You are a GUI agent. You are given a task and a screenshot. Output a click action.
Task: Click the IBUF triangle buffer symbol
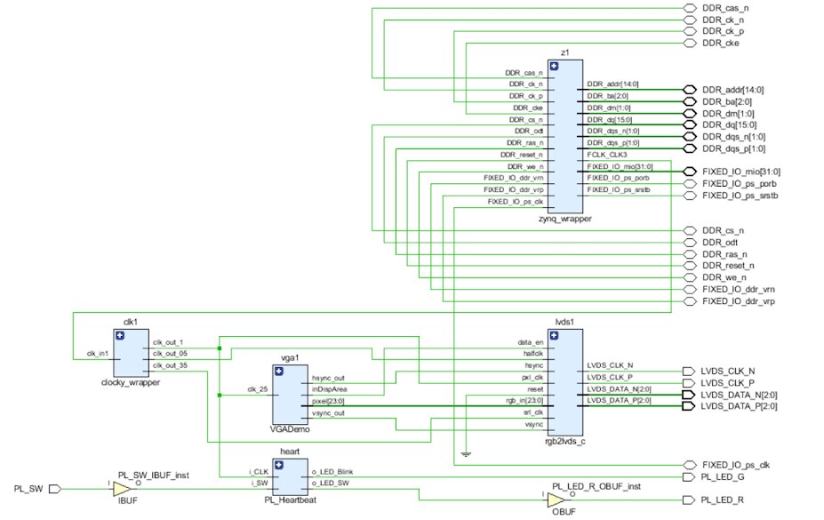click(121, 489)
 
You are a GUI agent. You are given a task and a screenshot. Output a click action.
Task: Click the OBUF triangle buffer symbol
click(556, 500)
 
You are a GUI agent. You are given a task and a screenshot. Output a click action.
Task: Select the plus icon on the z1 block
click(554, 66)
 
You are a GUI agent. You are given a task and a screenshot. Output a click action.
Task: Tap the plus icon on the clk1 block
click(120, 336)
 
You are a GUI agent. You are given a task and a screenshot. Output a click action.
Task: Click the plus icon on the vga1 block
click(279, 372)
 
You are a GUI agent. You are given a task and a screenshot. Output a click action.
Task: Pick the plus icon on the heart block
click(279, 465)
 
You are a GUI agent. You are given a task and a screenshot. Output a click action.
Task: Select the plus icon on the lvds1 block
click(554, 336)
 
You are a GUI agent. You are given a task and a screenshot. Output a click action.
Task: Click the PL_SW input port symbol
click(54, 489)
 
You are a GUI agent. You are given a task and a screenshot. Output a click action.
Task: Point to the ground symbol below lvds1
click(466, 454)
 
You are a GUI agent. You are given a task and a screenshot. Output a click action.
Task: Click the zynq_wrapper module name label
click(565, 219)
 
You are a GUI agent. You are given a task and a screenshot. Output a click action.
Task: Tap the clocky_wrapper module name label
click(131, 382)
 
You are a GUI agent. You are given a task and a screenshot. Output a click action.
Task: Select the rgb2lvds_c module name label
click(565, 441)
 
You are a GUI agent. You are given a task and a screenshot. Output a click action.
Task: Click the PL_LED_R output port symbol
click(688, 500)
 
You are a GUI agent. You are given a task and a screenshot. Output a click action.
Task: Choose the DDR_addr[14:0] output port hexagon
click(690, 90)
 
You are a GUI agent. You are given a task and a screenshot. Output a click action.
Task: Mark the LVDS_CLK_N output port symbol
click(688, 372)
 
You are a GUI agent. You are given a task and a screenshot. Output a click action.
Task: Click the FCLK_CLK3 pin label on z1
click(607, 155)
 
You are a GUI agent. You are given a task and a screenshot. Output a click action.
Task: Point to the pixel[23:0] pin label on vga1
click(328, 401)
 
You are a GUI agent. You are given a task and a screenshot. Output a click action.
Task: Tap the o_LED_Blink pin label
click(332, 472)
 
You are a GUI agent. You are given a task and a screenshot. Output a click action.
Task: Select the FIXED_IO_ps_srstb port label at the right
click(740, 196)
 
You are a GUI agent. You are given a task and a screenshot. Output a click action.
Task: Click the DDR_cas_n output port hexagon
click(690, 8)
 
